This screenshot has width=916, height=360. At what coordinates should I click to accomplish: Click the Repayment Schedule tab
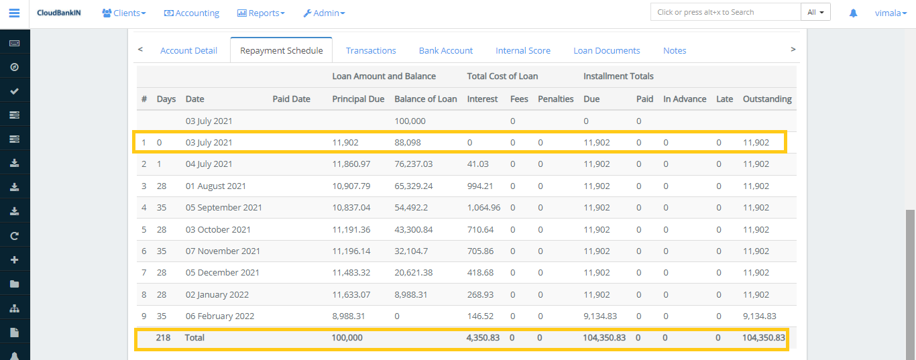pyautogui.click(x=281, y=50)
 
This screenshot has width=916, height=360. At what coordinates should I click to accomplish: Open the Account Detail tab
pyautogui.click(x=188, y=50)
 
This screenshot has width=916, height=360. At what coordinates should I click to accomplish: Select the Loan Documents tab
pyautogui.click(x=606, y=50)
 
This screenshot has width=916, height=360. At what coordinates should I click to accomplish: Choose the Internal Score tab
pyautogui.click(x=522, y=50)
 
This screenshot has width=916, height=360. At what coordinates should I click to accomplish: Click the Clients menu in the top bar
pyautogui.click(x=124, y=13)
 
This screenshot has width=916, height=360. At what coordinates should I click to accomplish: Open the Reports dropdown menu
pyautogui.click(x=261, y=13)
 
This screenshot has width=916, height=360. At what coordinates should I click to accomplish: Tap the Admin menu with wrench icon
pyautogui.click(x=324, y=13)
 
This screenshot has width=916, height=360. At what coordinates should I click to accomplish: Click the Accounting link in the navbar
pyautogui.click(x=192, y=13)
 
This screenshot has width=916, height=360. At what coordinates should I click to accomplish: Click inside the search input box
pyautogui.click(x=725, y=12)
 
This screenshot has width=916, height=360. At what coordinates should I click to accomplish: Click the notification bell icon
pyautogui.click(x=853, y=13)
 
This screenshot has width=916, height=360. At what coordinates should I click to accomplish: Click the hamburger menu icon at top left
pyautogui.click(x=14, y=13)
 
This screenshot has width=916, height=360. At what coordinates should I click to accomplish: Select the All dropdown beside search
pyautogui.click(x=815, y=12)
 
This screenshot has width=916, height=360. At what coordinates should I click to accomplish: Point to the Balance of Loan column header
pyautogui.click(x=425, y=99)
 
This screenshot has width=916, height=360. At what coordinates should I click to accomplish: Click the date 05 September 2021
pyautogui.click(x=223, y=207)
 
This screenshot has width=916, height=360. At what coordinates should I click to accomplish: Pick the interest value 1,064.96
pyautogui.click(x=483, y=207)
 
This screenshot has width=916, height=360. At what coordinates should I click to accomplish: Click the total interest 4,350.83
pyautogui.click(x=483, y=337)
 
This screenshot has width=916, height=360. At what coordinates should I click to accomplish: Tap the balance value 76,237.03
pyautogui.click(x=413, y=164)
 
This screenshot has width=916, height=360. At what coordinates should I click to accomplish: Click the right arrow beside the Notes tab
pyautogui.click(x=793, y=49)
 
